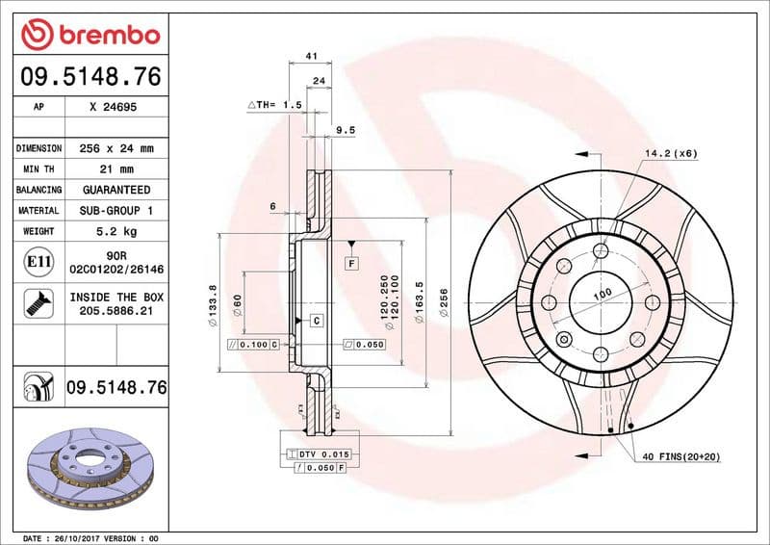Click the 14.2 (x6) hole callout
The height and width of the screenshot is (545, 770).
(x=670, y=153)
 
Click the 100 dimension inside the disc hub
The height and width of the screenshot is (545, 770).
(x=602, y=294)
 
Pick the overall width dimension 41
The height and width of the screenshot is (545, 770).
(x=311, y=57)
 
